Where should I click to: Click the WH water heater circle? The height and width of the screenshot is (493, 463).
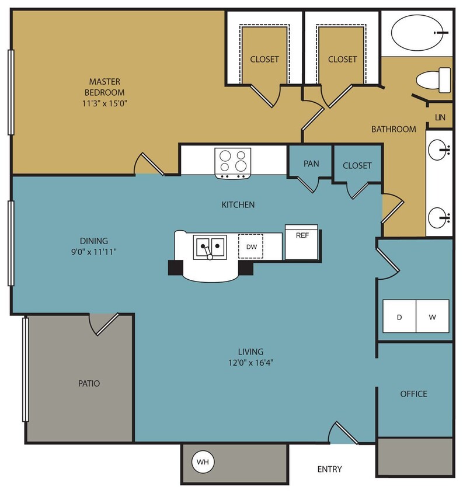pyautogui.click(x=203, y=463)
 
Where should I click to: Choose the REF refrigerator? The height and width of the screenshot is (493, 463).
pyautogui.click(x=301, y=242)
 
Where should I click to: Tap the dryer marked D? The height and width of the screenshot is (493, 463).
pyautogui.click(x=399, y=317)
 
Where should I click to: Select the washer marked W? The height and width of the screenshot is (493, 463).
pyautogui.click(x=432, y=317)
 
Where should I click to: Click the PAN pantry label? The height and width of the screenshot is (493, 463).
pyautogui.click(x=311, y=164)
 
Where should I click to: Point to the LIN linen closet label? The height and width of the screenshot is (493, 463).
pyautogui.click(x=440, y=117)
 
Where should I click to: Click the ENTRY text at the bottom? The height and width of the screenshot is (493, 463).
pyautogui.click(x=329, y=469)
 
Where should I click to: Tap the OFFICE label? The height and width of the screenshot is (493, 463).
pyautogui.click(x=413, y=394)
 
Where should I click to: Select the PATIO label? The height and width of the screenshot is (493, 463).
pyautogui.click(x=89, y=384)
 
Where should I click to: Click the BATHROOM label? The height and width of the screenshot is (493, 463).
pyautogui.click(x=394, y=129)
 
